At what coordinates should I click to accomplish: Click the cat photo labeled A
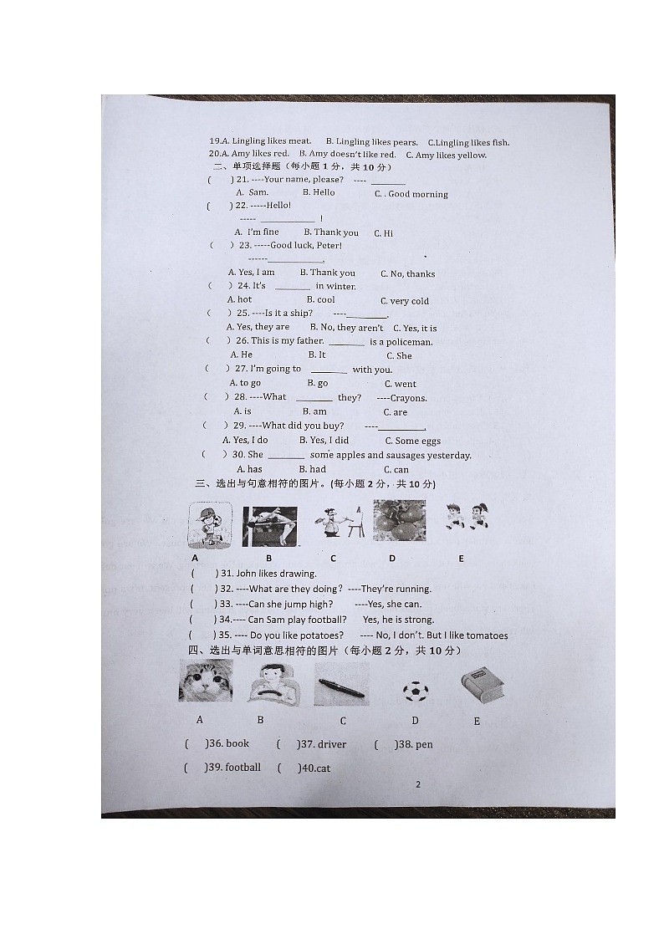206,681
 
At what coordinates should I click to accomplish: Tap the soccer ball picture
415,691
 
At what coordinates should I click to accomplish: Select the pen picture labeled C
341,686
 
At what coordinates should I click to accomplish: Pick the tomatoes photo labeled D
399,522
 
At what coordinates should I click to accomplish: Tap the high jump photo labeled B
270,526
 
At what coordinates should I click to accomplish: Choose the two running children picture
467,515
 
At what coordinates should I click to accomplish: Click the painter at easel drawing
339,523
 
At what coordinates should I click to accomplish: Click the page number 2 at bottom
417,784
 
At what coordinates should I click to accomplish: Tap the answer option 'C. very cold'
404,301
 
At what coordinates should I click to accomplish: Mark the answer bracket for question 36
195,744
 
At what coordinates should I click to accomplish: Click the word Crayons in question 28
408,398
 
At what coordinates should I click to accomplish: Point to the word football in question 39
243,767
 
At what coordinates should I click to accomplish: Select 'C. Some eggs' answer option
412,441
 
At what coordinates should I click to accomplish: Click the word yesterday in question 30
448,456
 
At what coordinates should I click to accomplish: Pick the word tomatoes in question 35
482,635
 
